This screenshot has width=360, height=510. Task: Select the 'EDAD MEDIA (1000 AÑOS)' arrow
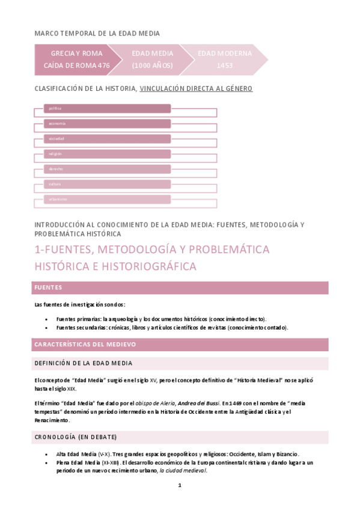152,59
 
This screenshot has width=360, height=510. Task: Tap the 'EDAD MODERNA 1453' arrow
225,59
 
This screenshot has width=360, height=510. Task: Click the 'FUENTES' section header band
180,287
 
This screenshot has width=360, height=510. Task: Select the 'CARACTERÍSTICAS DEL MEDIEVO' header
180,345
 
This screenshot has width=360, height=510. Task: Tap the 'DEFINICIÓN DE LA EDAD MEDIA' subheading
180,363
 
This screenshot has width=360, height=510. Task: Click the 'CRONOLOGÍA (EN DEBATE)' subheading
180,437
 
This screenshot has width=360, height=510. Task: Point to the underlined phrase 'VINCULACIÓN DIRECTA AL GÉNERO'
196,89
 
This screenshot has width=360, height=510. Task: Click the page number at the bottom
179,485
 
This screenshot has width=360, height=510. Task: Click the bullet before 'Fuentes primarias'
47,319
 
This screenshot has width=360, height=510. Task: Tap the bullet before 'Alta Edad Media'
47,454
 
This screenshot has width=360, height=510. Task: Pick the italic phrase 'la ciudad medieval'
183,470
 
